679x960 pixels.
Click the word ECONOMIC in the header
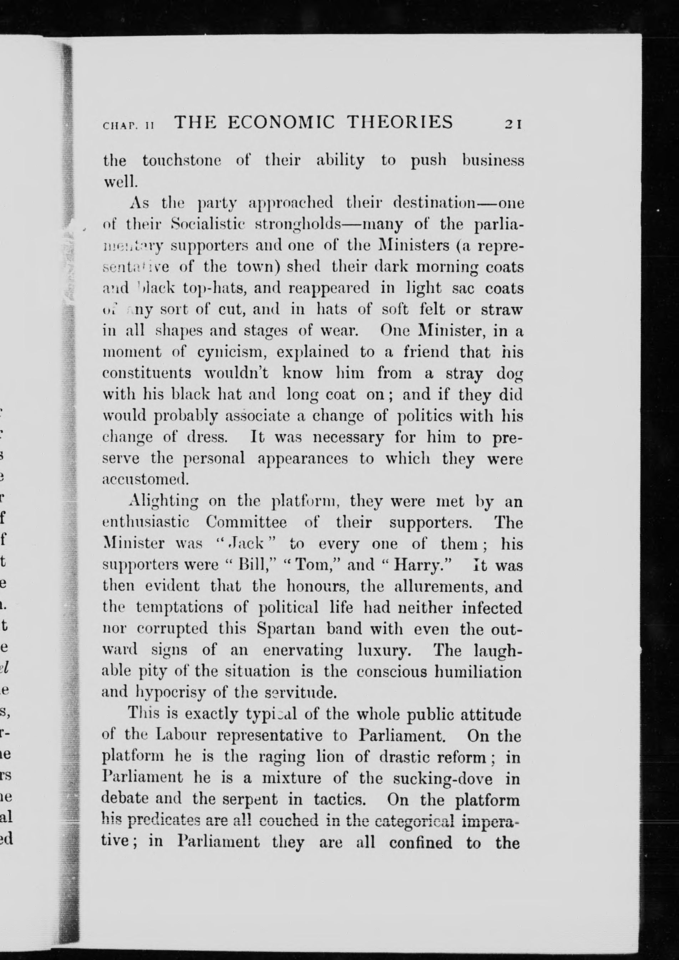tap(282, 122)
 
